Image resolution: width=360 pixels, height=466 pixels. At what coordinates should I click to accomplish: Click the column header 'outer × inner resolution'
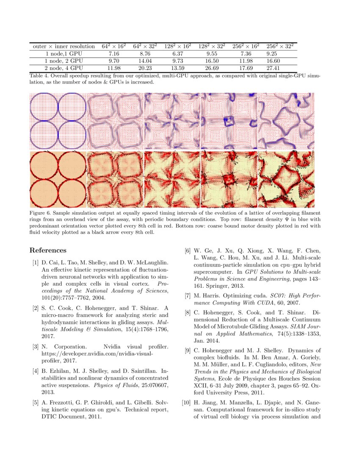(64, 46)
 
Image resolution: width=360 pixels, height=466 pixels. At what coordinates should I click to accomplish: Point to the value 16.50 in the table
(211, 61)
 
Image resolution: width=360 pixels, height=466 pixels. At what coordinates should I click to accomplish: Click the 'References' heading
(48, 250)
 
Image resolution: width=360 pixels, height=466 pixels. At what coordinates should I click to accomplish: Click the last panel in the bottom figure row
(286, 179)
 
